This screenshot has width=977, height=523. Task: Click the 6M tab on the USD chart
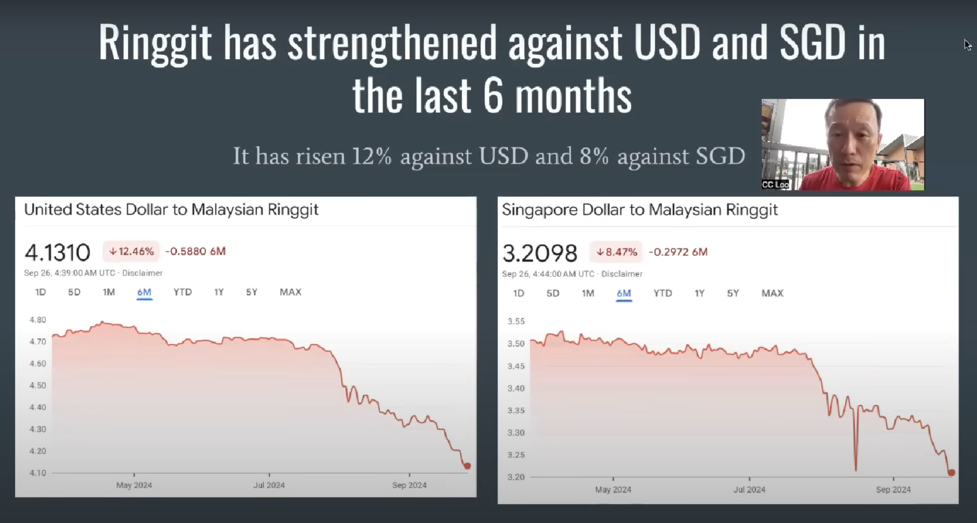(144, 292)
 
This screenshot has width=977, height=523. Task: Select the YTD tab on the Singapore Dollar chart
(663, 293)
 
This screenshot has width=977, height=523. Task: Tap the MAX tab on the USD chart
(290, 292)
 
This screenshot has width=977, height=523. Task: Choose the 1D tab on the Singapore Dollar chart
(518, 293)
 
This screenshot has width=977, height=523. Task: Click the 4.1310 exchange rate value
(58, 252)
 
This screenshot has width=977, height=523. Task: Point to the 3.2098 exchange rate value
(540, 253)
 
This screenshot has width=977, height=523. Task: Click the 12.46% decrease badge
(131, 251)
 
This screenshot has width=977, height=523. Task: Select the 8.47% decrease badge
(616, 252)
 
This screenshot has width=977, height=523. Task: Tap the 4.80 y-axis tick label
(37, 320)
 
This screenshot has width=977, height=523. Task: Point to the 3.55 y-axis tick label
(516, 321)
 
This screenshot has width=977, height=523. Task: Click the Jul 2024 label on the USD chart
(269, 485)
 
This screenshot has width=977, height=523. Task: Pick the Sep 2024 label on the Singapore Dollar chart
(893, 490)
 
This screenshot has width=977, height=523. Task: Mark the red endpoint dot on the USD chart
(468, 466)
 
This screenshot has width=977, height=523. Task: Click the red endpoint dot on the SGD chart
(951, 473)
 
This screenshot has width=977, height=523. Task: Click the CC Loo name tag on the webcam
(776, 185)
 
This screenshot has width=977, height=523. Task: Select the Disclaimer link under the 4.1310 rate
(142, 273)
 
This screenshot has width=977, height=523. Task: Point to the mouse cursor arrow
(967, 44)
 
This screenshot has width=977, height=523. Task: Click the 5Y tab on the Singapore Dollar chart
(733, 293)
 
